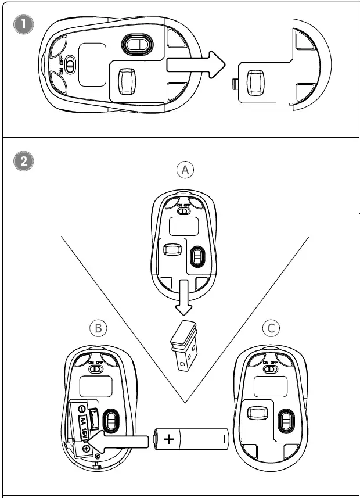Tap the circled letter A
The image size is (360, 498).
point(185,170)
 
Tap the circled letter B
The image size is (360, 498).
point(99,328)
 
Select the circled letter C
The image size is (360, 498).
point(271,328)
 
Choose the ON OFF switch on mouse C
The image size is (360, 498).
point(270,368)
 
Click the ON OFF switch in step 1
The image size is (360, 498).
point(70,65)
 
